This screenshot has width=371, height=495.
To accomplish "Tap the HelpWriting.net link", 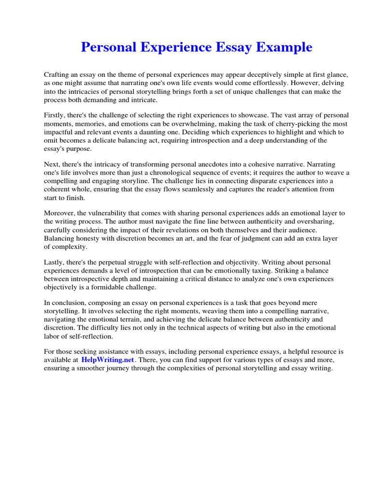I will pyautogui.click(x=108, y=360).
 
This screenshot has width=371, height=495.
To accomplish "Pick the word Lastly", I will pyautogui.click(x=55, y=262).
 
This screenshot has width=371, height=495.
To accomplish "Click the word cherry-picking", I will pyautogui.click(x=306, y=124).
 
